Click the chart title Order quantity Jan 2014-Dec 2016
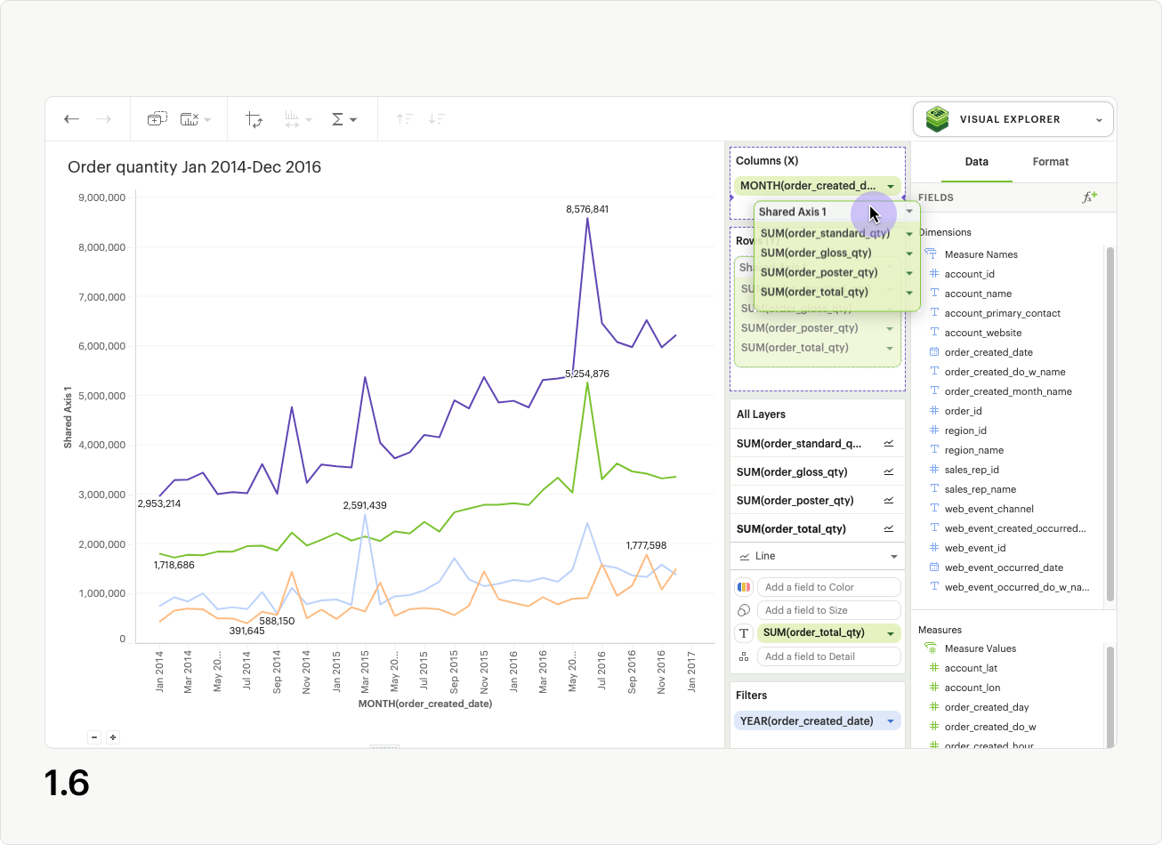[194, 167]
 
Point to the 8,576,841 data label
[587, 209]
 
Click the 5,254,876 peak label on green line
[587, 374]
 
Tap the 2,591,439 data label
[365, 505]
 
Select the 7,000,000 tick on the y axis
[101, 296]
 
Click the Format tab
[1050, 162]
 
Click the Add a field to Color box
[828, 587]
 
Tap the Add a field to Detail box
[828, 656]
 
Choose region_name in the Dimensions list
[973, 450]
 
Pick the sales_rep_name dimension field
[980, 489]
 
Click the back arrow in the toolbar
[72, 119]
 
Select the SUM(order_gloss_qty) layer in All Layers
[792, 471]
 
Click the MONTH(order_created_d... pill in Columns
[808, 185]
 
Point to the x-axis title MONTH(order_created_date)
[425, 704]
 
